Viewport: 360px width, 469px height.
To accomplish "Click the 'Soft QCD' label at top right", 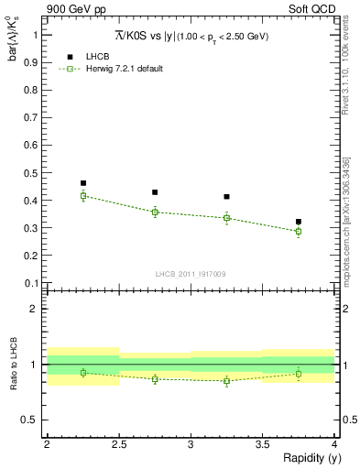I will [x=312, y=10].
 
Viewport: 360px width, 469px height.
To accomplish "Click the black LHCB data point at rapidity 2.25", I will [x=83, y=183].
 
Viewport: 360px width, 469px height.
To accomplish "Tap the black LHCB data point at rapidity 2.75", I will [x=155, y=192].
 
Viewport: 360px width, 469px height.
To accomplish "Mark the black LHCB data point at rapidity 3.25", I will [x=226, y=197].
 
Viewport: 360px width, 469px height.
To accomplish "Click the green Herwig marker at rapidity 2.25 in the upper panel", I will [x=83, y=195].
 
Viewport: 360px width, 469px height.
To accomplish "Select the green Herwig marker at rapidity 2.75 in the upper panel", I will [x=155, y=213].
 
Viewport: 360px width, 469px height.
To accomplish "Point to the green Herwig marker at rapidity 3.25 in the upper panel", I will [x=226, y=218].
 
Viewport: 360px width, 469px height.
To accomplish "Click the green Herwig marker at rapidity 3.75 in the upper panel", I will [x=299, y=231].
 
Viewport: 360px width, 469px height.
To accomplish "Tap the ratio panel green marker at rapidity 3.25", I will [x=226, y=381].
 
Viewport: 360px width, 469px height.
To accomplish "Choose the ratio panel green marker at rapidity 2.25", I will [x=83, y=372].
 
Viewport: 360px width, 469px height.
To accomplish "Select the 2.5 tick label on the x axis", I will [x=119, y=443].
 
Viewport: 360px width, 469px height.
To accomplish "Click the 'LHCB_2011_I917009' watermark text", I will [x=191, y=273].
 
